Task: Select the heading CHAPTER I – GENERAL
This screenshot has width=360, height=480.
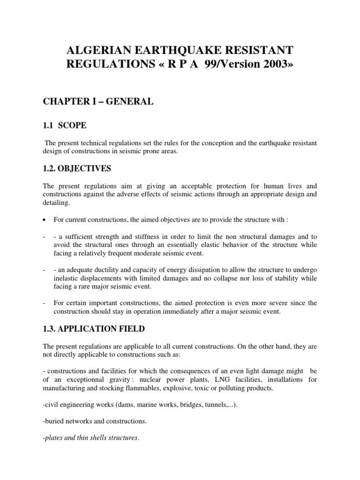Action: pos(98,102)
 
